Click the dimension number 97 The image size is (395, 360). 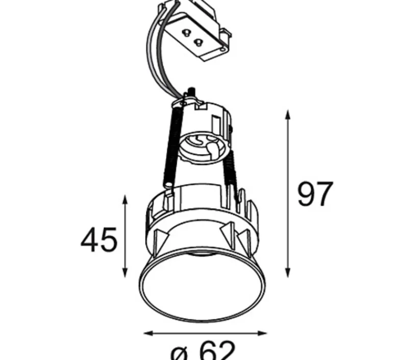(315, 194)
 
